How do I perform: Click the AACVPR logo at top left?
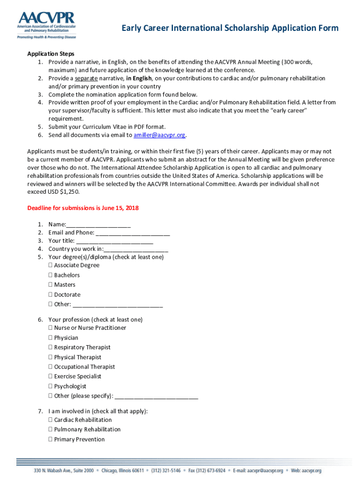point(46,25)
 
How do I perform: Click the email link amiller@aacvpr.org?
point(159,135)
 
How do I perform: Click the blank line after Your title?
point(114,241)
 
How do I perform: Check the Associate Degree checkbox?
point(50,265)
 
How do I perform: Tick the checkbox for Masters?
point(50,285)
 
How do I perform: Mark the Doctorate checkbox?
point(50,295)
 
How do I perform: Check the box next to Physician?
point(50,338)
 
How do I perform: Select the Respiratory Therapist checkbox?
point(50,348)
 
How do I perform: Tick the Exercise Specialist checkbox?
point(50,377)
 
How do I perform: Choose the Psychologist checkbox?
point(50,386)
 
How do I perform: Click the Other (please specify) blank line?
point(156,396)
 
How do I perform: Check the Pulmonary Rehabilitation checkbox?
point(50,429)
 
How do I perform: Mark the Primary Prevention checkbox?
point(50,440)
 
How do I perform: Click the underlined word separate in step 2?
point(86,78)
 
